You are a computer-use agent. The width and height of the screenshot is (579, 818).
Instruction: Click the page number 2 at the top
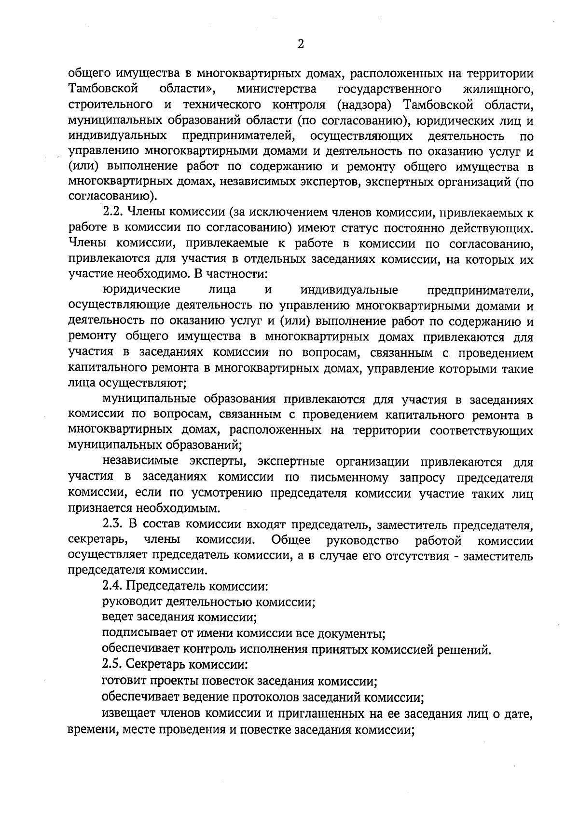[301, 45]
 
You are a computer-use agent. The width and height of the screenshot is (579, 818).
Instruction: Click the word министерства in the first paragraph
[276, 89]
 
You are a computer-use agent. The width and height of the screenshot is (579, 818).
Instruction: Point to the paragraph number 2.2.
[113, 212]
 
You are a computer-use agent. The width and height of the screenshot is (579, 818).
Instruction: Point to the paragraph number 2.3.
[113, 524]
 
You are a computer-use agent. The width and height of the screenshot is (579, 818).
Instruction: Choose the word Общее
[291, 540]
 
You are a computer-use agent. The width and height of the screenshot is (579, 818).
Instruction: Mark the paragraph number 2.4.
[113, 587]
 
